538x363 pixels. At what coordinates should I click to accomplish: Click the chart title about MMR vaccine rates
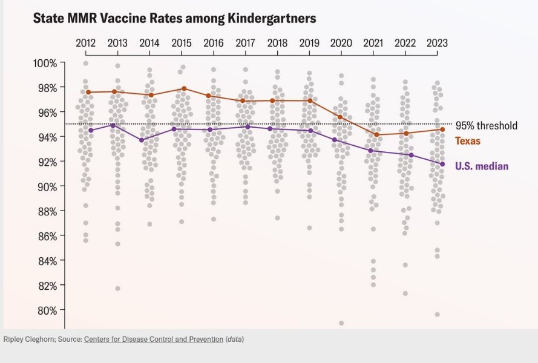174,19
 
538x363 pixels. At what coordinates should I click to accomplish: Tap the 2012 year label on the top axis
85,43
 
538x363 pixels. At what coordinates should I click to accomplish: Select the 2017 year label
244,43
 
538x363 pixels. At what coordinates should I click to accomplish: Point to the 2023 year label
437,43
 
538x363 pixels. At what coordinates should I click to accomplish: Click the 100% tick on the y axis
45,63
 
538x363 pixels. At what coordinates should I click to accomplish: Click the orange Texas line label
468,141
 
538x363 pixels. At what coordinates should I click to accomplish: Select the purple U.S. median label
482,166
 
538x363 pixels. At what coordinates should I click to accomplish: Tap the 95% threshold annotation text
487,126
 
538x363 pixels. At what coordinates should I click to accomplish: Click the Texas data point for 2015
185,89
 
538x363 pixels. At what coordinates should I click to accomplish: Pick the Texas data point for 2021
377,135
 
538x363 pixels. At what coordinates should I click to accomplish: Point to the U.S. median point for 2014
141,140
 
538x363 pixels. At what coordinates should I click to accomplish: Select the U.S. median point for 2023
442,164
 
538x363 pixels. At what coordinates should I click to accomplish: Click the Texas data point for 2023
442,129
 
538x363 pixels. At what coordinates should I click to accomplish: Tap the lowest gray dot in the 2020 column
341,323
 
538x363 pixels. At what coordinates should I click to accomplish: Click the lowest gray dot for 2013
117,289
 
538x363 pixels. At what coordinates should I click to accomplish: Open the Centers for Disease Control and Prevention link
153,339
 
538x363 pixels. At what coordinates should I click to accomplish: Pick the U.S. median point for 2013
113,125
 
